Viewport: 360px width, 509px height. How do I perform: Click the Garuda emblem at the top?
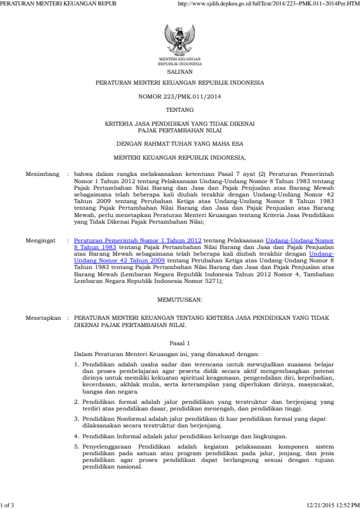pos(180,39)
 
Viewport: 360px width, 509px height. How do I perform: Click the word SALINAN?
pos(180,71)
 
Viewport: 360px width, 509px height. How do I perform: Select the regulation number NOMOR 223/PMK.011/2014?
pos(180,96)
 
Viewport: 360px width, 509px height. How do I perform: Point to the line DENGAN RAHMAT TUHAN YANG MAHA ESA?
pos(180,143)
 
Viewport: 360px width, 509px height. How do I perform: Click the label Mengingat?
pos(40,240)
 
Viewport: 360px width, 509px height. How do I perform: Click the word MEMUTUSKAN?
pos(180,299)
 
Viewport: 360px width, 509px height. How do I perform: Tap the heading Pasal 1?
pos(180,342)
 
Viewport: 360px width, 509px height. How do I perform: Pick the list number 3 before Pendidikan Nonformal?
pos(76,418)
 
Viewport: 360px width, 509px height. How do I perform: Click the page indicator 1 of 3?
pos(7,504)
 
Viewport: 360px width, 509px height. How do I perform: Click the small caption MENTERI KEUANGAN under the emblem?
pos(180,59)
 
